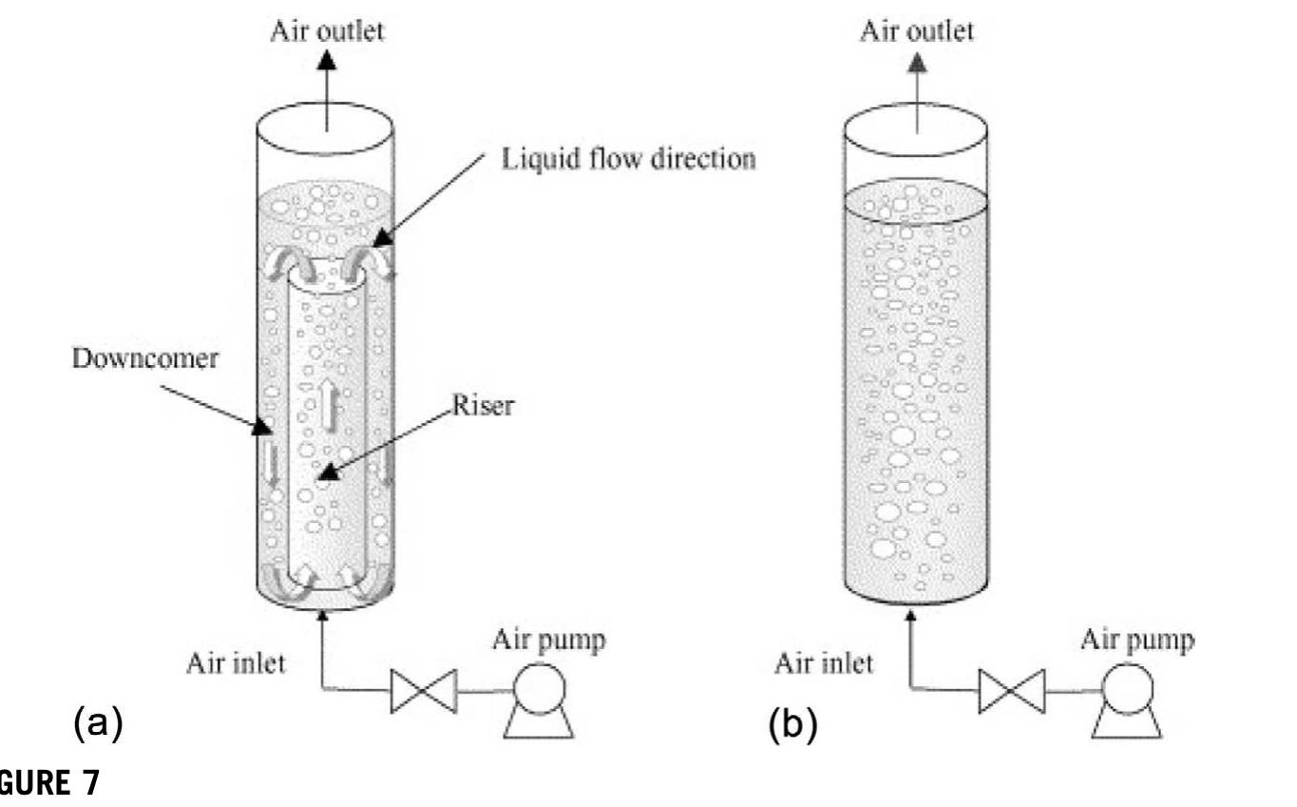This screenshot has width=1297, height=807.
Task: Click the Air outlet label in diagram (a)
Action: [x=328, y=30]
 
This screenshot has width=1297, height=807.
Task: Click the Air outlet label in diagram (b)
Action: [x=917, y=30]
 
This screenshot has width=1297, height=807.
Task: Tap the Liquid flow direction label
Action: [x=628, y=159]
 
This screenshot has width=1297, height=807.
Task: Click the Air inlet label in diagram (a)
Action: [x=235, y=663]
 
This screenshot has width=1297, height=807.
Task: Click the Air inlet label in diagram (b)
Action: [x=824, y=663]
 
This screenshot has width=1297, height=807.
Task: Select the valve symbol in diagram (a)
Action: [x=424, y=690]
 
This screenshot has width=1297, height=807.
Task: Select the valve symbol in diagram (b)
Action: [x=1012, y=690]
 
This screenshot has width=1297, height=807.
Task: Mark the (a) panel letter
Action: [x=98, y=725]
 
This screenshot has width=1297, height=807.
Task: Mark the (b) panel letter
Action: [x=792, y=725]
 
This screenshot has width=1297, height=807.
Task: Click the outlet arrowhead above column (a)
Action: [x=328, y=60]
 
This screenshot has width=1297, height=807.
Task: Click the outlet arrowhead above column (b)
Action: [x=917, y=62]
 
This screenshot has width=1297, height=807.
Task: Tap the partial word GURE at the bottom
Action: [x=48, y=785]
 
